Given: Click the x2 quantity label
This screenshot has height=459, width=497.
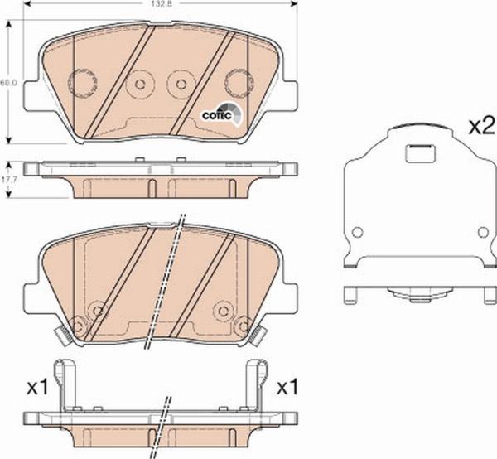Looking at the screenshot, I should [x=481, y=128].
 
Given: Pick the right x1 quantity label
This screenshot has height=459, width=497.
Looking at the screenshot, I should [x=287, y=387].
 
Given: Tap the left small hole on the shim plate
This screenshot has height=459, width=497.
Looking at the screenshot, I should [x=357, y=232].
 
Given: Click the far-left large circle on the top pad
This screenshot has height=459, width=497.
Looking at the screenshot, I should [x=81, y=81].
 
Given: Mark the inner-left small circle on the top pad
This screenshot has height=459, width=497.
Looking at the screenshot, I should [x=140, y=83].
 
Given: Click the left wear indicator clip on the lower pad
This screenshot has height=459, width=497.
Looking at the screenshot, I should [x=60, y=336].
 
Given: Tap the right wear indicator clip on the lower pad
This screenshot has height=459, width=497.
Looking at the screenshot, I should [x=260, y=336].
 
